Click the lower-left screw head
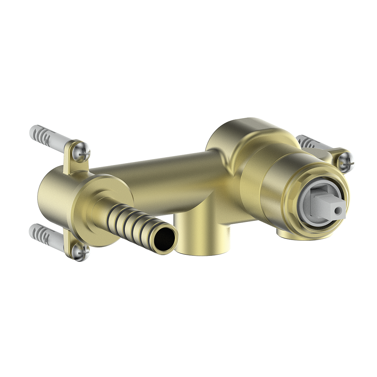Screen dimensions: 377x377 [80, 251]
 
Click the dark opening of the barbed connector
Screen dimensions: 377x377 [165, 240]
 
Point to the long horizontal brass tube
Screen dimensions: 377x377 [155, 173]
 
